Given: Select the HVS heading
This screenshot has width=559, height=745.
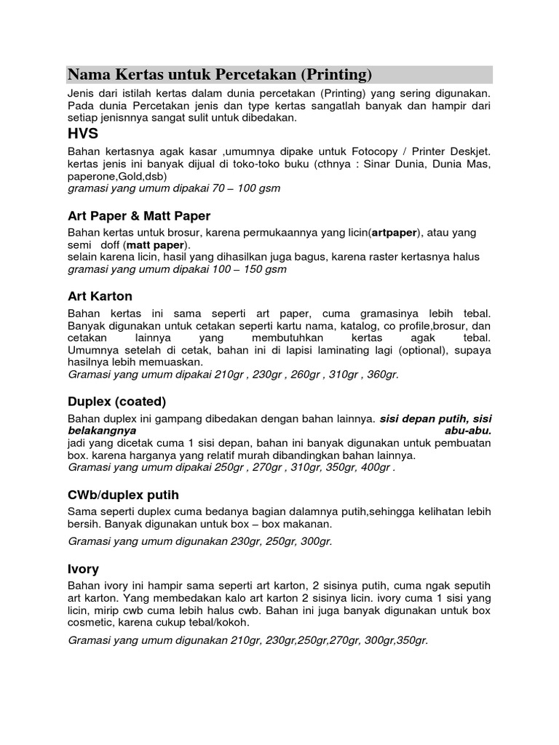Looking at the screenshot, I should [x=83, y=134].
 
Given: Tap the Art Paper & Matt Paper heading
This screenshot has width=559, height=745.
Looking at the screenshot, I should [x=139, y=216].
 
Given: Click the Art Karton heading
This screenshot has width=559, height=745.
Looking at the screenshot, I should [x=100, y=296].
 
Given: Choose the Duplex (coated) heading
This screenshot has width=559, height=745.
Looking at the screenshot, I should [x=117, y=402].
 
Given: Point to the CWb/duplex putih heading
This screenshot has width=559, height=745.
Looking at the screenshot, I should [x=123, y=495].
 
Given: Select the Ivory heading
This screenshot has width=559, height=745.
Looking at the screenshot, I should [x=84, y=569].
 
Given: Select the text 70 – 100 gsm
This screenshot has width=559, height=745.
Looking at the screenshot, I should [x=244, y=188].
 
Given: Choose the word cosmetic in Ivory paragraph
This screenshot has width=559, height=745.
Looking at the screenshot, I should [x=90, y=623].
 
